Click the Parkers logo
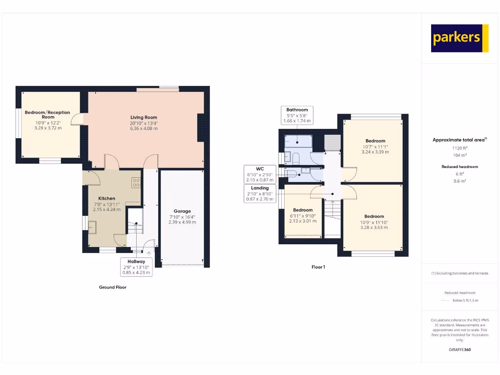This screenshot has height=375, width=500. point(459,38)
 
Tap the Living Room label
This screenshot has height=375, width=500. point(144,117)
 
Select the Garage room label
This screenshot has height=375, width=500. point(182,211)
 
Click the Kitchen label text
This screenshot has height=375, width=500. point(107,198)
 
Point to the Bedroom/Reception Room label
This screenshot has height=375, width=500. point(48,115)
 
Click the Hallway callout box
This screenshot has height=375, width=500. point(137,267)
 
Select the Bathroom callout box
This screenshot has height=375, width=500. point(297,115)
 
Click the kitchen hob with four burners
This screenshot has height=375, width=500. point(136,183)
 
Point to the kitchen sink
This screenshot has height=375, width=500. point(93,228)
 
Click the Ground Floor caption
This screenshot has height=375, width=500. point(113,287)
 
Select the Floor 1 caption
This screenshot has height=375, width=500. point(318,267)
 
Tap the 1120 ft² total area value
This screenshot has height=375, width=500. point(459,147)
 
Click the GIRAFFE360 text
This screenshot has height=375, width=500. point(459,350)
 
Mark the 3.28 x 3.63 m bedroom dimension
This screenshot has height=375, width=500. point(374,227)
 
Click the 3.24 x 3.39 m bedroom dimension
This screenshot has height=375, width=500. point(375,152)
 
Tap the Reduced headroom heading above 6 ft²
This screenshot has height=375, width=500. point(459,167)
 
